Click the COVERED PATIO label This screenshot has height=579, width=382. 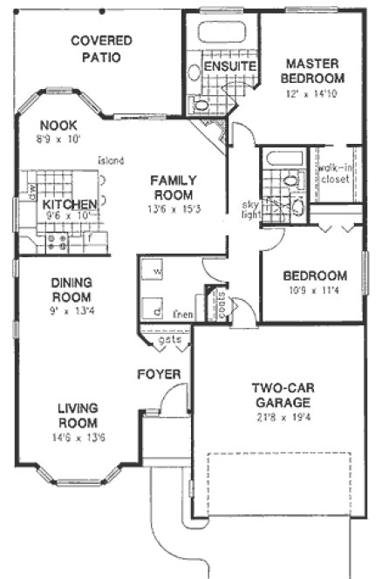pyautogui.click(x=101, y=49)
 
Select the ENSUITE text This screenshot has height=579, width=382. pyautogui.click(x=229, y=66)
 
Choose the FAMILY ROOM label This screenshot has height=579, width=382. pyautogui.click(x=173, y=187)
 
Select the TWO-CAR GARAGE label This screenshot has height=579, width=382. pyautogui.click(x=283, y=395)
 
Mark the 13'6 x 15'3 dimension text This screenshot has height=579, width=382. pyautogui.click(x=173, y=209)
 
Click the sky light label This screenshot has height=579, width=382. pyautogui.click(x=250, y=209)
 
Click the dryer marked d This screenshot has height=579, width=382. pyautogui.click(x=154, y=310)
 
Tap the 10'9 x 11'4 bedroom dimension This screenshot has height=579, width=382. pyautogui.click(x=310, y=291)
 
